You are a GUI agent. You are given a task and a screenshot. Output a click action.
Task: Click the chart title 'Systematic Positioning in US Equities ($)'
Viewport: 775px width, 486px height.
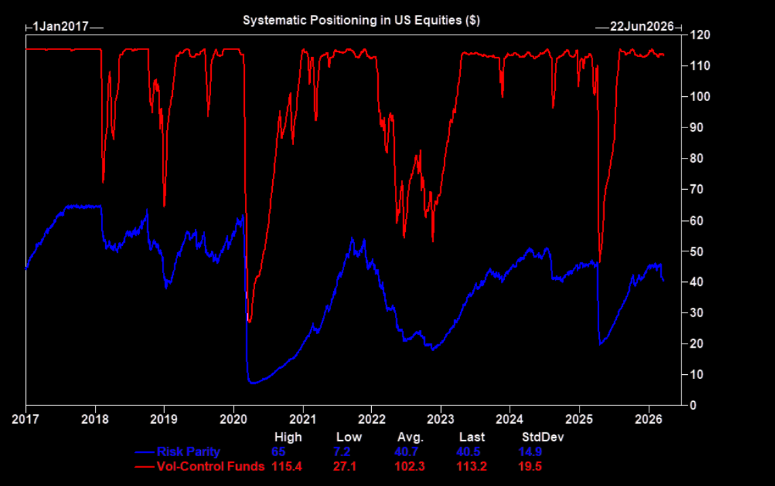coord(361,20)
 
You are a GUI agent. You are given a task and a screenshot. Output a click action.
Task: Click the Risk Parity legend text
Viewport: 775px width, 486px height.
coord(188,452)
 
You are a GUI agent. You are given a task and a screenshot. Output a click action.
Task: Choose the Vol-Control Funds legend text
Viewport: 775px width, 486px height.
coord(210,466)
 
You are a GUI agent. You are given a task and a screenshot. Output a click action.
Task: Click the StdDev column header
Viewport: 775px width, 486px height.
coord(542,437)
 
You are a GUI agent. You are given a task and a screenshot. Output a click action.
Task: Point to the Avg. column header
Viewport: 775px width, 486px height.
coord(409,437)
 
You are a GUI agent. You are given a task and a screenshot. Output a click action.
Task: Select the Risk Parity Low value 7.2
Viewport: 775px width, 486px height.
coord(348,452)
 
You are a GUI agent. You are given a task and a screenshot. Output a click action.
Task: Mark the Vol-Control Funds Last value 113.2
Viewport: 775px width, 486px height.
coord(471,466)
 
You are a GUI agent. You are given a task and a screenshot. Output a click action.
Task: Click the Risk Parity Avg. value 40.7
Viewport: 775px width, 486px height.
coord(409,452)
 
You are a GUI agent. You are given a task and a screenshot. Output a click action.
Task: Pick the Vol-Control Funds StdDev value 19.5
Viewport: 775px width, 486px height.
coord(531,466)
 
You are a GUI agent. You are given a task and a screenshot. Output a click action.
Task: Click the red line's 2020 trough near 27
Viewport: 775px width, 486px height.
coord(250,321)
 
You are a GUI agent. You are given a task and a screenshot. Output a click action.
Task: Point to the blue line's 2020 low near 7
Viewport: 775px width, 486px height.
coord(253,383)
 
